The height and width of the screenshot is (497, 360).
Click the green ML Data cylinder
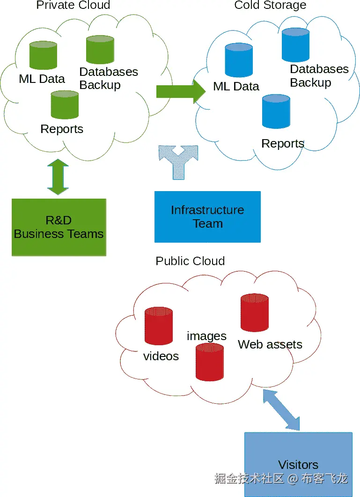tap(43, 55)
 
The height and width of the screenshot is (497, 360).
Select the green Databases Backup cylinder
tap(100, 50)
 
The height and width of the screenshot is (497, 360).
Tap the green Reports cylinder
tap(65, 105)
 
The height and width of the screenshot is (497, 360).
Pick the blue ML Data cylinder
tap(239, 60)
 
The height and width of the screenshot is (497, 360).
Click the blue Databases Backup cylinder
tap(295, 45)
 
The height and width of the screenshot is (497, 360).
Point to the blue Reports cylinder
tap(276, 111)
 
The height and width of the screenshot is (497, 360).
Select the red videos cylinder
tap(159, 326)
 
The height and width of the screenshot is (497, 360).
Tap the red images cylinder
tap(209, 361)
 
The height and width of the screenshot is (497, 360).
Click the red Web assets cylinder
tap(254, 312)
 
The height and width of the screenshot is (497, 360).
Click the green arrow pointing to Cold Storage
tap(181, 91)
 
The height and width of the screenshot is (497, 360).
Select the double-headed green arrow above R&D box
tap(58, 177)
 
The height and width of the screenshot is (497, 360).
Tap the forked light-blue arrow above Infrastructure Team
tap(178, 161)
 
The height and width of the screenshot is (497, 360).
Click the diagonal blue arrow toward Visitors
tap(281, 409)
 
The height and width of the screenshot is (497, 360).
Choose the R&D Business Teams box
tap(59, 227)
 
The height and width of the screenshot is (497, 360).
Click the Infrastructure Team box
tap(207, 217)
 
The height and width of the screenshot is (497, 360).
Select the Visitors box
tap(298, 464)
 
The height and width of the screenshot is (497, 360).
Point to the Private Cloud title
tap(73, 5)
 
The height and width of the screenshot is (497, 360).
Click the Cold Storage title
tap(270, 5)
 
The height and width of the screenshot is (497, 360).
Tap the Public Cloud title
tap(190, 261)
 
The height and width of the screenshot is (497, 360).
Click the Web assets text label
tap(270, 345)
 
